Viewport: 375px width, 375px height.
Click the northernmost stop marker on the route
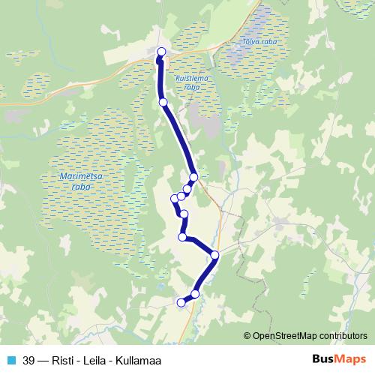pyautogui.click(x=161, y=52)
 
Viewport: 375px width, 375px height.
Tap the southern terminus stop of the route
pyautogui.click(x=180, y=302)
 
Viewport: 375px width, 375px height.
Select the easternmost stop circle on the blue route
pyautogui.click(x=215, y=255)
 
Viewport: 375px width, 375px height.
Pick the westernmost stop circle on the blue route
pyautogui.click(x=175, y=198)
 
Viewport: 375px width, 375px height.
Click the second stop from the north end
pyautogui.click(x=163, y=102)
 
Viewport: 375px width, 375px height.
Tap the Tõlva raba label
pyautogui.click(x=259, y=42)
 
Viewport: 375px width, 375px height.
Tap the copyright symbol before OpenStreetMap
pyautogui.click(x=247, y=335)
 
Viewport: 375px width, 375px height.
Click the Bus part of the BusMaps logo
pyautogui.click(x=321, y=359)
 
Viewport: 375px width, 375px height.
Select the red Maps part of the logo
pyautogui.click(x=349, y=359)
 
